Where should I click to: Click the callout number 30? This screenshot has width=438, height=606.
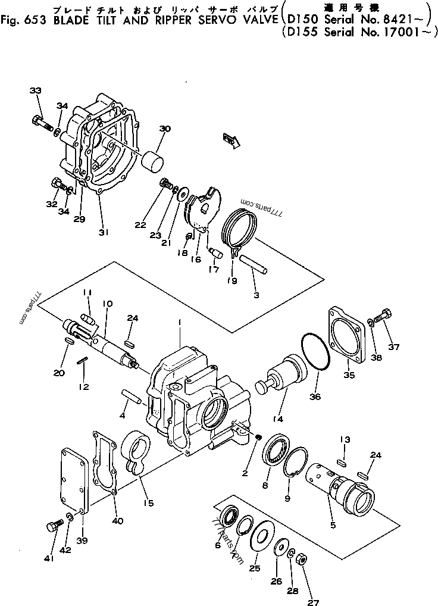click(165, 129)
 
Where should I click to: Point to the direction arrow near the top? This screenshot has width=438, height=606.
click(230, 140)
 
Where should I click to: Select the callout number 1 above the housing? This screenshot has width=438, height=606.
click(179, 322)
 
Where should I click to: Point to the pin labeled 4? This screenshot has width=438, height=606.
click(131, 396)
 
